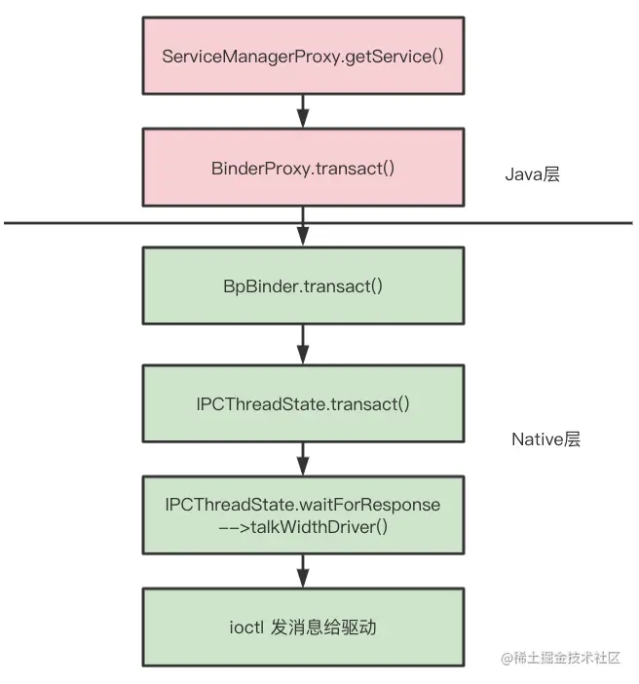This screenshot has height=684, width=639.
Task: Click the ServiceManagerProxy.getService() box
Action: [x=303, y=55]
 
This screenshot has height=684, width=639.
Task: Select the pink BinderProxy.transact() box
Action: [x=303, y=168]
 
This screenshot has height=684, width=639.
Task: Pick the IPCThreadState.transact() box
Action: [x=303, y=403]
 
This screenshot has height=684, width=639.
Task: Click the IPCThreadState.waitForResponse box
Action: [x=303, y=515]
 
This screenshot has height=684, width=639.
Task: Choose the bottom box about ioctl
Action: [x=303, y=627]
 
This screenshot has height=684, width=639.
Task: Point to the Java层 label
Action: [x=532, y=175]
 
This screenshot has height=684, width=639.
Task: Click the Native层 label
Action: [x=545, y=439]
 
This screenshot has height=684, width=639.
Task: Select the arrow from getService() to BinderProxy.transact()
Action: [x=303, y=111]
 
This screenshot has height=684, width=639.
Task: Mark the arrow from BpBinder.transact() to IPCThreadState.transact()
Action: [x=303, y=346]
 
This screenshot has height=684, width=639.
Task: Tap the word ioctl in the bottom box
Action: [x=243, y=627]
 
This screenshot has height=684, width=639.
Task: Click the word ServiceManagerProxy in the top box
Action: [x=233, y=56]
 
